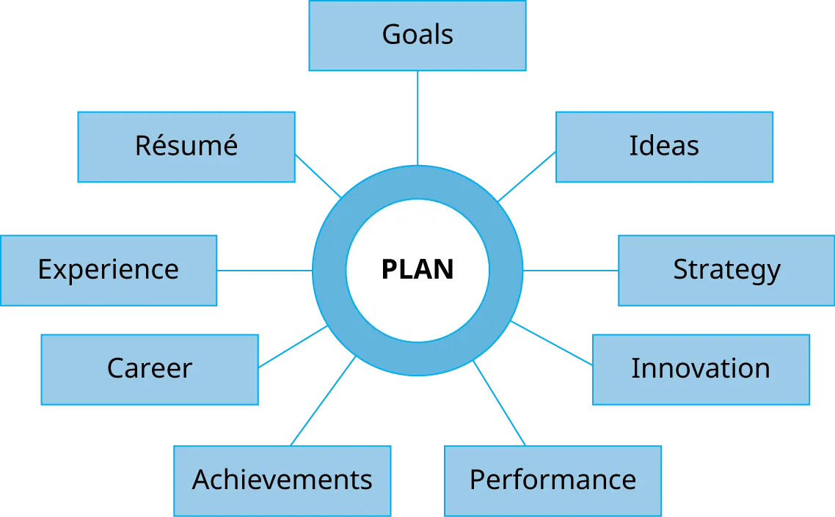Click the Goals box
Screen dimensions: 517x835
pyautogui.click(x=417, y=36)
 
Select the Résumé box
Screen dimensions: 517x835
pyautogui.click(x=186, y=147)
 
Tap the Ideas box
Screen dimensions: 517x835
pyautogui.click(x=663, y=147)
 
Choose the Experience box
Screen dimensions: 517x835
pyautogui.click(x=109, y=271)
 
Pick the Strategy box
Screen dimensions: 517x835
pyautogui.click(x=726, y=271)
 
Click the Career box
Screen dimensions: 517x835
pyautogui.click(x=150, y=369)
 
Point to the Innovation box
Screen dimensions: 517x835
pyautogui.click(x=701, y=369)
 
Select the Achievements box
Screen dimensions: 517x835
pyautogui.click(x=282, y=480)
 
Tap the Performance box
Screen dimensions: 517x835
pyautogui.click(x=553, y=480)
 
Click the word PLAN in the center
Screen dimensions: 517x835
pyautogui.click(x=417, y=270)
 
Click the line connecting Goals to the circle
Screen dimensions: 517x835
pyautogui.click(x=418, y=117)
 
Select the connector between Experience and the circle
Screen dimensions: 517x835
pyautogui.click(x=266, y=272)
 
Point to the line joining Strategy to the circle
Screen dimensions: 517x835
pyautogui.click(x=571, y=272)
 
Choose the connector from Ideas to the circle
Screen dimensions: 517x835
pyautogui.click(x=526, y=177)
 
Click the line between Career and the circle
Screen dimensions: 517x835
pyautogui.click(x=292, y=347)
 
